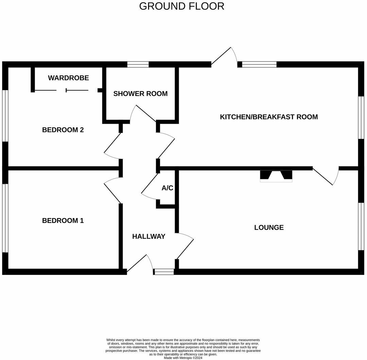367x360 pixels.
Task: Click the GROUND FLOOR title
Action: (182, 6)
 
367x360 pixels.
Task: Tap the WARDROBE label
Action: (68, 78)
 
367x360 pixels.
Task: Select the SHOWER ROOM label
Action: (140, 94)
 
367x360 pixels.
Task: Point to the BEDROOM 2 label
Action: (63, 130)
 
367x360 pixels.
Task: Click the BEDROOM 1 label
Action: (63, 220)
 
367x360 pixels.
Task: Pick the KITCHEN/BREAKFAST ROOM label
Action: (269, 117)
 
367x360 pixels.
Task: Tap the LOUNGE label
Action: (269, 227)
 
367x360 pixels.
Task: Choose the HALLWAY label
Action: (148, 236)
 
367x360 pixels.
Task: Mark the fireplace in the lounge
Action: (276, 176)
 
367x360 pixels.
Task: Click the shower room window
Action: (138, 64)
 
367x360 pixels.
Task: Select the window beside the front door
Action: (164, 271)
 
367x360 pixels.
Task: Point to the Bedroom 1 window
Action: (5, 218)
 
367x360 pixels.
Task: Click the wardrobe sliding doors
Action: (66, 90)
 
